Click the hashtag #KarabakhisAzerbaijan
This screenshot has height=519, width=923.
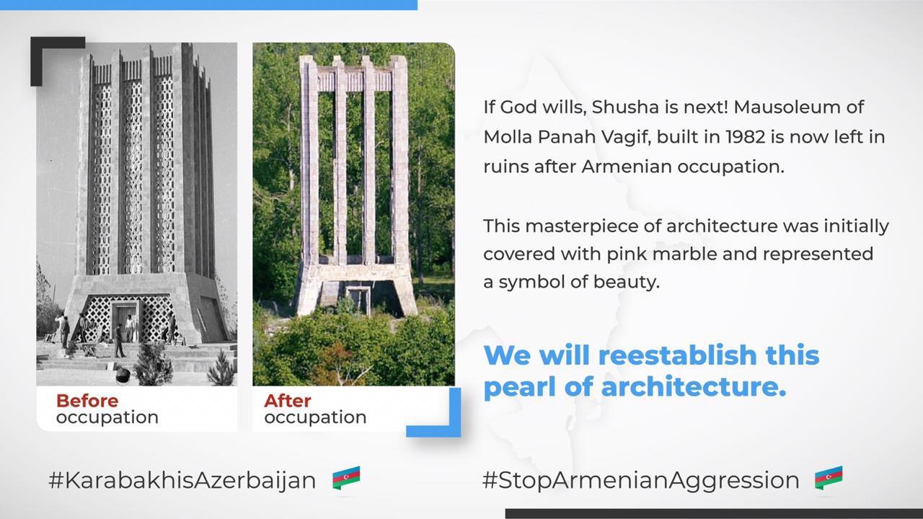(x=182, y=481)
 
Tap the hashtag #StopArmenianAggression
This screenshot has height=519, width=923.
(x=641, y=481)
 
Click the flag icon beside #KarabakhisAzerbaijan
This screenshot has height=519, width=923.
(x=346, y=478)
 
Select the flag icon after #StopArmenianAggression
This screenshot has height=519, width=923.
(x=829, y=478)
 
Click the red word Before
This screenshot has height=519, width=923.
(x=87, y=401)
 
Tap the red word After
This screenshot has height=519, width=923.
(x=288, y=401)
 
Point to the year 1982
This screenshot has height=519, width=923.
(x=746, y=137)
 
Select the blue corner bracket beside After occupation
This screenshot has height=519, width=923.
(x=454, y=430)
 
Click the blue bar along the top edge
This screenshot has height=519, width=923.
(x=208, y=4)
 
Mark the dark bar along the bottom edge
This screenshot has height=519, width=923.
(x=714, y=514)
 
